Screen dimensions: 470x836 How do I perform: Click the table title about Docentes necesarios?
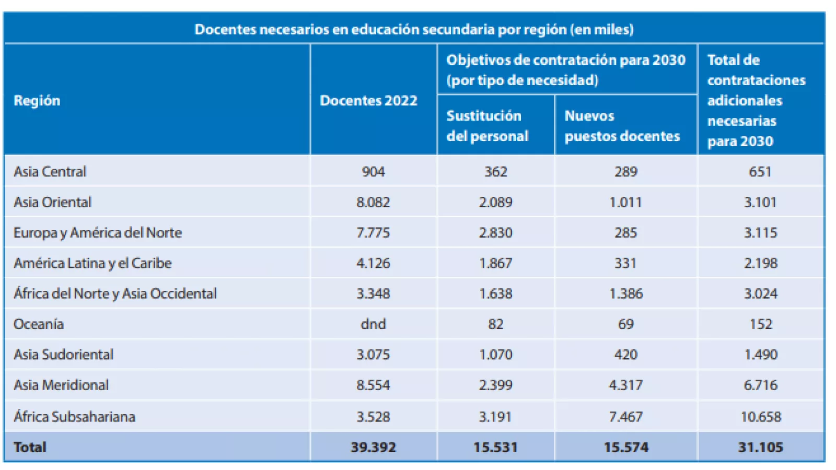[414, 29]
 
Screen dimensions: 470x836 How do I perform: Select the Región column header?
[37, 100]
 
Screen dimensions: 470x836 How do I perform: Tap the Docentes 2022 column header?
[368, 100]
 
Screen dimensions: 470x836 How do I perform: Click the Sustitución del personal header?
[487, 126]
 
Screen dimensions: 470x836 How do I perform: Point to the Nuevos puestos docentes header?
[622, 126]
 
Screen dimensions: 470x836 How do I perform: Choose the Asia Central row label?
[50, 172]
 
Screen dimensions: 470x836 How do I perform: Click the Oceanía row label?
[39, 324]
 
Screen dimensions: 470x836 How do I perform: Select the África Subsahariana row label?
[74, 417]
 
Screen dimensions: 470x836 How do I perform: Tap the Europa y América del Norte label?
[98, 233]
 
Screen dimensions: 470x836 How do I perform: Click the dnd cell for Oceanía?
[373, 324]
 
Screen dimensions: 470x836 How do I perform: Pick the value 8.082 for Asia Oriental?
[373, 202]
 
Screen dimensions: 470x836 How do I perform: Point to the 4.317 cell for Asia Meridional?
[625, 385]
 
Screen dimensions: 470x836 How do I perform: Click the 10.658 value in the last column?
[760, 417]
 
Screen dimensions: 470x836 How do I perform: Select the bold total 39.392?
[373, 448]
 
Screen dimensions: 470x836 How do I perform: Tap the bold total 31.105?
[760, 448]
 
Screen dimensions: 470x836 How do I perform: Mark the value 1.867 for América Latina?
[495, 263]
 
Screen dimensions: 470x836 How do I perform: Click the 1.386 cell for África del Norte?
[625, 294]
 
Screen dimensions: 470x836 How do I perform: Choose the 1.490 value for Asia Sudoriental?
[760, 355]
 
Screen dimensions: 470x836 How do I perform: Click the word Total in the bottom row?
[30, 448]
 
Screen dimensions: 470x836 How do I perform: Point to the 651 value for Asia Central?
[760, 172]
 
